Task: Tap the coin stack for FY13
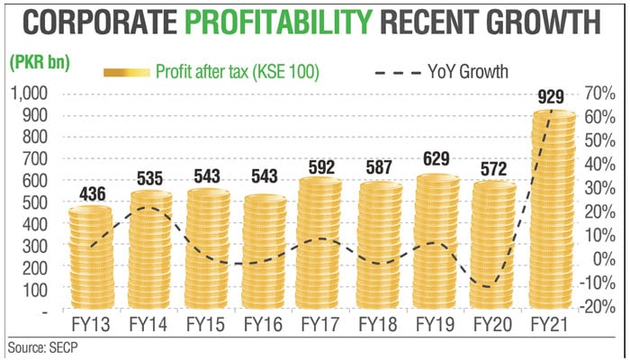point(91,261)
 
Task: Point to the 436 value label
point(90,192)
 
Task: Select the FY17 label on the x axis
point(319,323)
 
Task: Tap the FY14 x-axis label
point(149,323)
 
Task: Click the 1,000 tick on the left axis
point(29,94)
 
